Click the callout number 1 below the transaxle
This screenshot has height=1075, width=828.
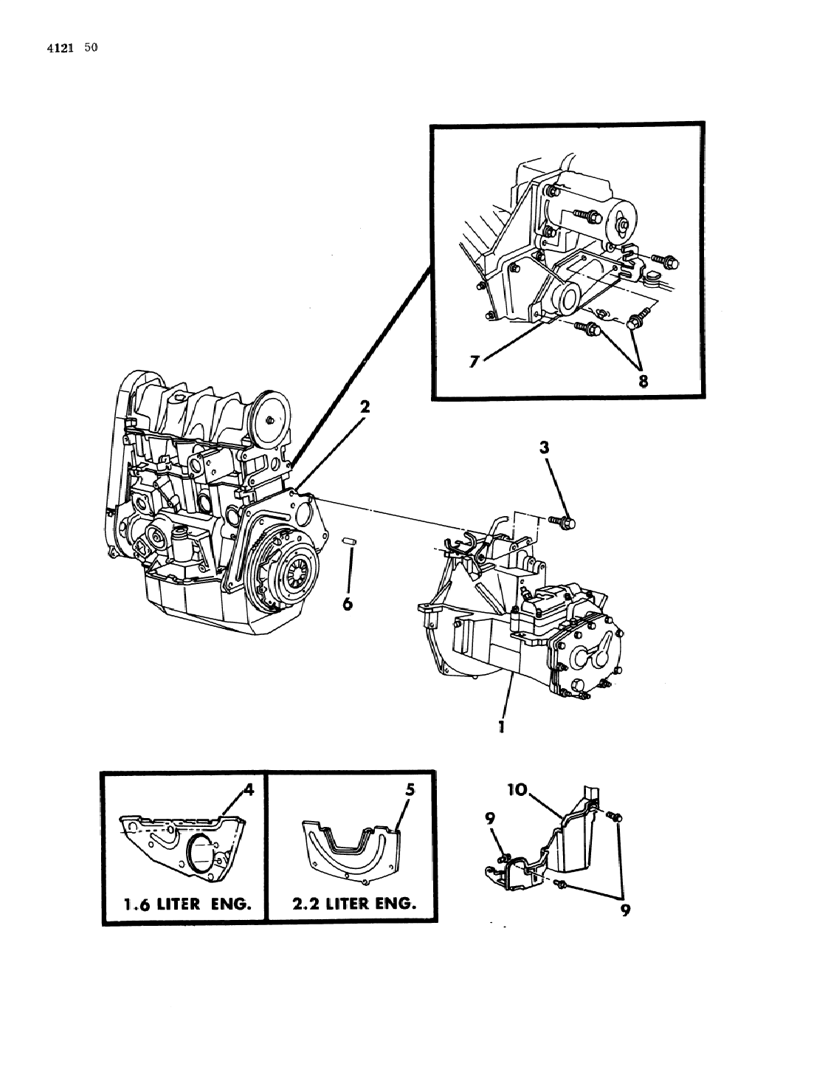coord(501,727)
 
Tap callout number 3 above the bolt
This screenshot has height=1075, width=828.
coord(544,447)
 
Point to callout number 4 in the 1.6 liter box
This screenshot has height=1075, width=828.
coord(249,790)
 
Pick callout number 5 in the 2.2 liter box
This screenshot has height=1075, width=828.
coord(410,789)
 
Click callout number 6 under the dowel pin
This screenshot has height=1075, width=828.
coord(348,604)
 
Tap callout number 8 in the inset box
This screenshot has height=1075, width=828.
coord(644,380)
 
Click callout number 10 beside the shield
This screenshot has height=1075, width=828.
coord(517,790)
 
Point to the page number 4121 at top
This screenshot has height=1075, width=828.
coord(63,49)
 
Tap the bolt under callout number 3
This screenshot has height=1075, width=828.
coord(564,522)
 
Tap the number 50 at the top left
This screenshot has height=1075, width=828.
coord(91,48)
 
